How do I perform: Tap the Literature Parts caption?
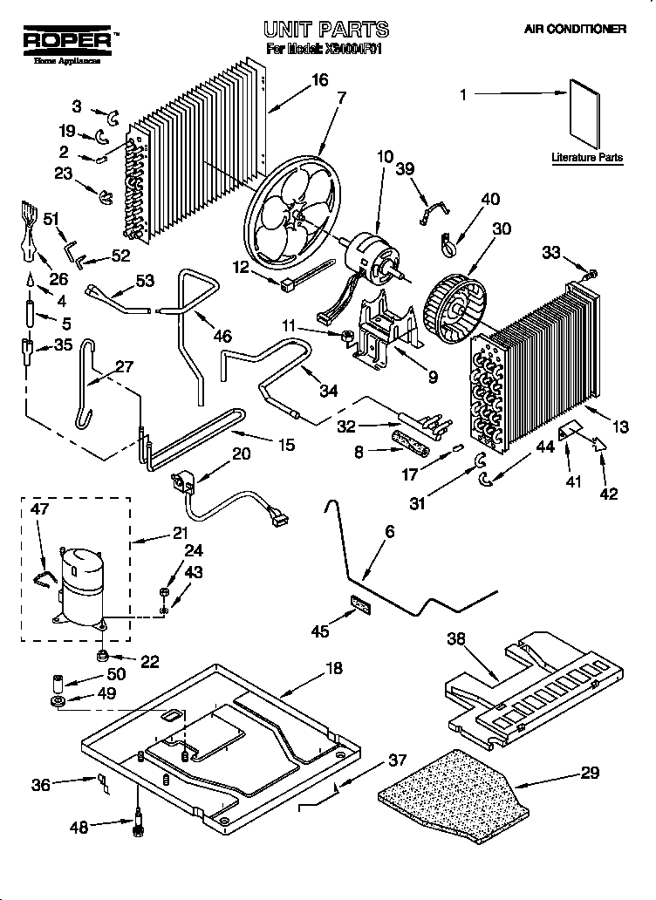click(587, 158)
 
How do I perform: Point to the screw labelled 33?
click(592, 274)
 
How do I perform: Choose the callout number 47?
click(40, 509)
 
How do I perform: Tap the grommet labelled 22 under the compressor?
click(103, 655)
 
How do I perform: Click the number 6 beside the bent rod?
click(389, 531)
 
